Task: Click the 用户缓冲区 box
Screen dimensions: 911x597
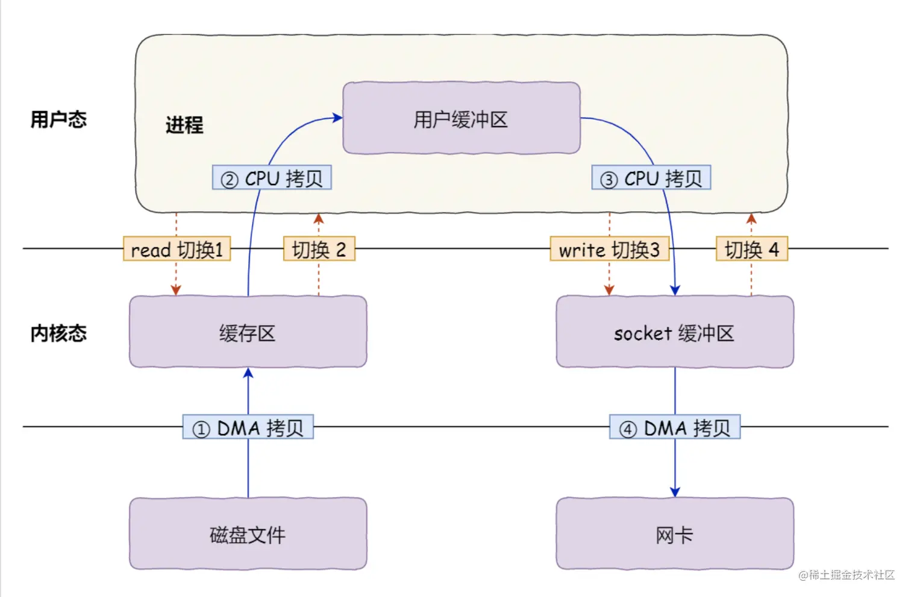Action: click(462, 118)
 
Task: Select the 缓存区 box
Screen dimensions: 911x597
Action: click(248, 332)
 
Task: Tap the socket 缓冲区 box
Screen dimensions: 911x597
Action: click(675, 332)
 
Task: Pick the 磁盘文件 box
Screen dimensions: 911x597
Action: click(248, 534)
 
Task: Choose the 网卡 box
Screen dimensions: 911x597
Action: click(675, 534)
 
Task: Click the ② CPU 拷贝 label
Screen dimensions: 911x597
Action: click(272, 177)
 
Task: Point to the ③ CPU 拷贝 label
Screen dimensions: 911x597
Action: click(651, 177)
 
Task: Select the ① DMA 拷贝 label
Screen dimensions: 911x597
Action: click(248, 426)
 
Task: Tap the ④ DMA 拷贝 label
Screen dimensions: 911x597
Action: click(675, 426)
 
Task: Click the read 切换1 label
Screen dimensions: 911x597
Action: click(177, 248)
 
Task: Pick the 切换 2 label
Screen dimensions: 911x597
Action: click(319, 248)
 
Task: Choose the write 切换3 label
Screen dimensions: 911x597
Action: click(610, 248)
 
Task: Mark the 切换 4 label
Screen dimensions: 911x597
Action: click(752, 248)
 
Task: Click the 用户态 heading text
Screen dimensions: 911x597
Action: click(58, 119)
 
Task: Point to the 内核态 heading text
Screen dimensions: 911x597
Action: click(58, 333)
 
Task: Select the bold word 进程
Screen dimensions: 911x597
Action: click(184, 125)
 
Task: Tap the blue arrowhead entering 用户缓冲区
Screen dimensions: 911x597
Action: click(337, 118)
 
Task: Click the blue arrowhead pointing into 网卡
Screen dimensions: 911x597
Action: click(675, 492)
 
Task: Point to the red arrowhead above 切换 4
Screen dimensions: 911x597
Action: click(751, 218)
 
